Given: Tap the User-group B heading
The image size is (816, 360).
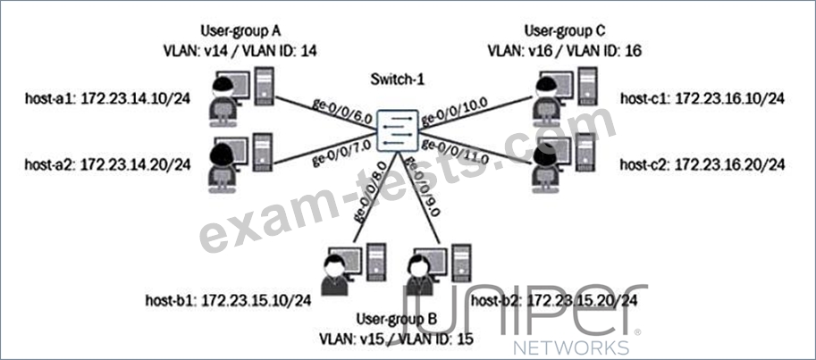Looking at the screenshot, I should pos(395,319).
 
